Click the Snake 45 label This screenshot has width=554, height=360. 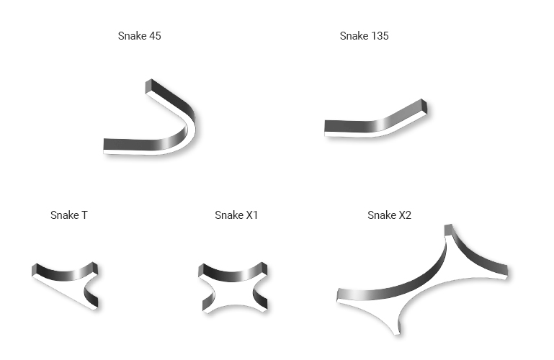(140, 36)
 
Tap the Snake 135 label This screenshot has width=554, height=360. (365, 36)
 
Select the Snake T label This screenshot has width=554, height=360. (69, 215)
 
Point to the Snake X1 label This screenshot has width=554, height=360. (236, 215)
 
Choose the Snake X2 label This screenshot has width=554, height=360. (389, 215)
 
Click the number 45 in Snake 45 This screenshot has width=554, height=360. (155, 36)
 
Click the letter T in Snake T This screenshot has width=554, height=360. (84, 215)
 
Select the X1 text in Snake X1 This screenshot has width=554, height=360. (251, 215)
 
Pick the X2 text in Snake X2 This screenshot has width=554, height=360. (405, 215)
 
